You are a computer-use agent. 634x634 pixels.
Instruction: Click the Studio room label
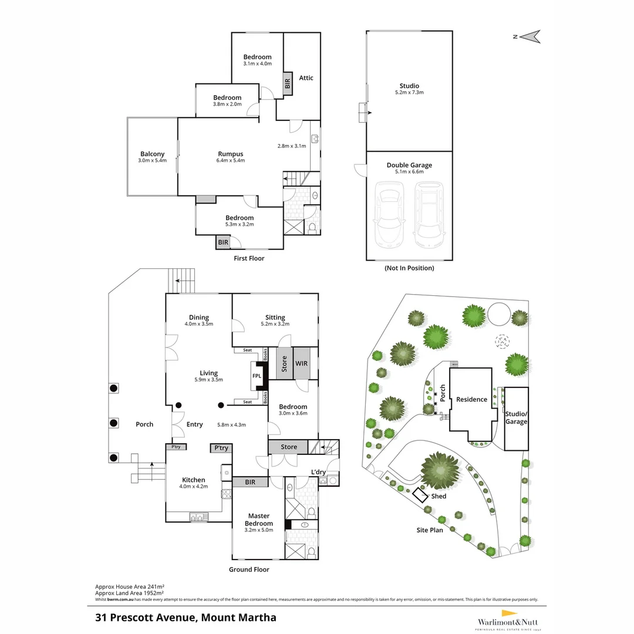pos(409,86)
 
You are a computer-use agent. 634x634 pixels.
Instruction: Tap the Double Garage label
pos(409,166)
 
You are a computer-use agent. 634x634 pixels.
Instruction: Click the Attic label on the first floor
pos(306,77)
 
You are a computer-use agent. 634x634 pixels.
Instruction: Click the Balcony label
pos(152,154)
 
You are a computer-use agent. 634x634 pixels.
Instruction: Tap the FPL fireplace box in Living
pos(257,376)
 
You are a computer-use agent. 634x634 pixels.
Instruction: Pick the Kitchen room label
pos(193,480)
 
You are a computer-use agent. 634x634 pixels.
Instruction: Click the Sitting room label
pos(275,318)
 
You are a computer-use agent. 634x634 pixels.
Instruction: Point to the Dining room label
pos(198,318)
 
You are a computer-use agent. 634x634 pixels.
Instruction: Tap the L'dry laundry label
pos(318,472)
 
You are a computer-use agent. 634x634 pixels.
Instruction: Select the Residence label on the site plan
pos(472,399)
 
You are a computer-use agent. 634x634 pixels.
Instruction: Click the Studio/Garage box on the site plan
pos(516,417)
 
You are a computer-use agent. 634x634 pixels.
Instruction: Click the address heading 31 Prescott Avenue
pos(186,617)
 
